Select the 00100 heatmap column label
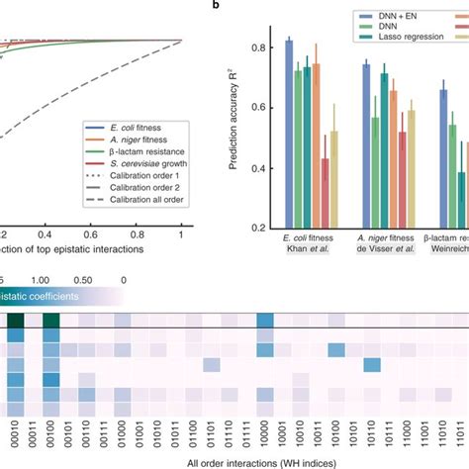coord(49,425)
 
